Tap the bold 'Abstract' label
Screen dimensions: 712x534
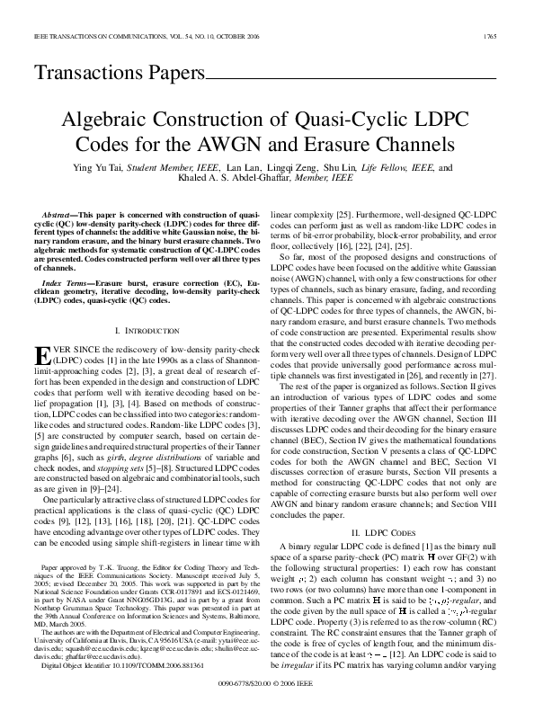click(60, 217)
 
